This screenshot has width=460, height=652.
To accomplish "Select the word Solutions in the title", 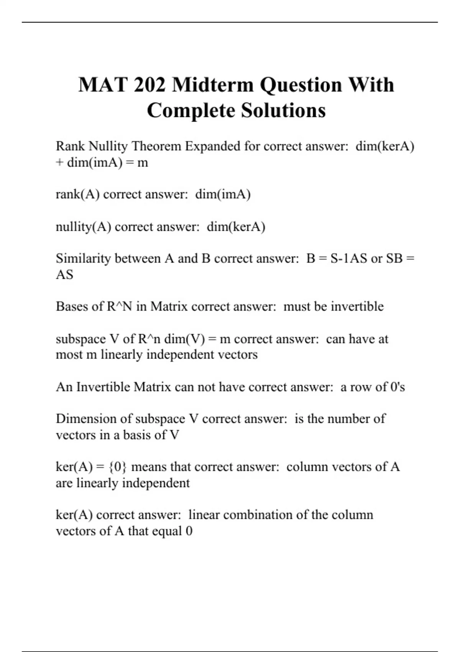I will click(x=283, y=110).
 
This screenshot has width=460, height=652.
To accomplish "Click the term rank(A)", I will click(x=77, y=194).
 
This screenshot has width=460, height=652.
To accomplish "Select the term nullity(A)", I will click(x=83, y=227).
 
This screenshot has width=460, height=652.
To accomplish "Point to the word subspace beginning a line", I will click(x=80, y=339).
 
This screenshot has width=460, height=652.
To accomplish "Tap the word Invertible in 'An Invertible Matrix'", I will click(x=103, y=387).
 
